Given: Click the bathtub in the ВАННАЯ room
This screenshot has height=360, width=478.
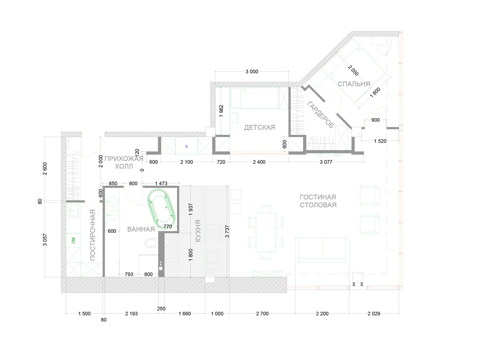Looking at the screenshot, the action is [x=161, y=209].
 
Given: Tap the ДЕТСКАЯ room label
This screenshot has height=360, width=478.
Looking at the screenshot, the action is [x=260, y=127].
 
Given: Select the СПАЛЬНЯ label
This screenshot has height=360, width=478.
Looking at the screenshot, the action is [x=354, y=84].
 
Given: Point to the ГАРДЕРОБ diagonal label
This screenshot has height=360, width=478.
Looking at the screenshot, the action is [x=320, y=114].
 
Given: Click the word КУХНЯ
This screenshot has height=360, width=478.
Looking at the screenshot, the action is [x=198, y=231].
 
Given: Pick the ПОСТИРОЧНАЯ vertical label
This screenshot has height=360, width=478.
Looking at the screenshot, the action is [x=93, y=235].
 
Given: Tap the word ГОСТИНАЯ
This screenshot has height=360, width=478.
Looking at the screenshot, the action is [x=318, y=197].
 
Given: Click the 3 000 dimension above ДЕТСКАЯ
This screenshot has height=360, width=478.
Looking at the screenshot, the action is [x=252, y=71].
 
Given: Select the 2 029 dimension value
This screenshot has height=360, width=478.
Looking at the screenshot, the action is [x=374, y=314].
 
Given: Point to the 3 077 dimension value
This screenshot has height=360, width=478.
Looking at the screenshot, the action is [x=326, y=162].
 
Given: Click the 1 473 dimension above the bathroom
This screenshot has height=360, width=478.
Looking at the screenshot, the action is [x=161, y=183].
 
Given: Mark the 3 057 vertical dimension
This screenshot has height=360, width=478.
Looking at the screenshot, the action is [x=45, y=240].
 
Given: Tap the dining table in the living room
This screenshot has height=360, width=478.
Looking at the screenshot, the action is [x=266, y=232].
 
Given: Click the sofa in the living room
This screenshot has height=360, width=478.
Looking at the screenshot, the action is [x=322, y=250].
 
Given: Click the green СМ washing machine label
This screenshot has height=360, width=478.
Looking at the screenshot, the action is [x=73, y=240].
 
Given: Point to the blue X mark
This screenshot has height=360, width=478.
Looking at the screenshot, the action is [x=186, y=147].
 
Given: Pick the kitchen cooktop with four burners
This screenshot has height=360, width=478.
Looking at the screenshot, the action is [x=213, y=234].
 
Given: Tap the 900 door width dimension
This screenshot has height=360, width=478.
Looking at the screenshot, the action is [x=375, y=120].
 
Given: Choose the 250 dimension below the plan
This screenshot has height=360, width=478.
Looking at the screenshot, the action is [x=161, y=309].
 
